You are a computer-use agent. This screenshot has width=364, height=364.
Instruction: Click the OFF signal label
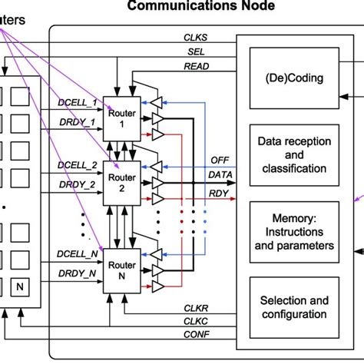[220, 160]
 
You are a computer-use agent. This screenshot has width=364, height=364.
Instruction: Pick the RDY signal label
[219, 194]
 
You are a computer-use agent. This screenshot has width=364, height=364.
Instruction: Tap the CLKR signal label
[195, 306]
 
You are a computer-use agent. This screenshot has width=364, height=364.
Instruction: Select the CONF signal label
[195, 335]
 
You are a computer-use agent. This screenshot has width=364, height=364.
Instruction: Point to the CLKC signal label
[195, 320]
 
